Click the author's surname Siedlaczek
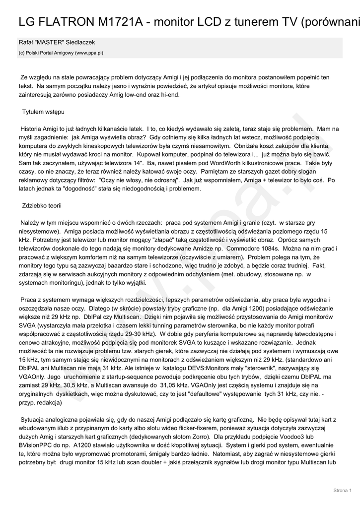click(76, 43)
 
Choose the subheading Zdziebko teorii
click(42, 205)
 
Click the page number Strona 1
click(342, 491)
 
